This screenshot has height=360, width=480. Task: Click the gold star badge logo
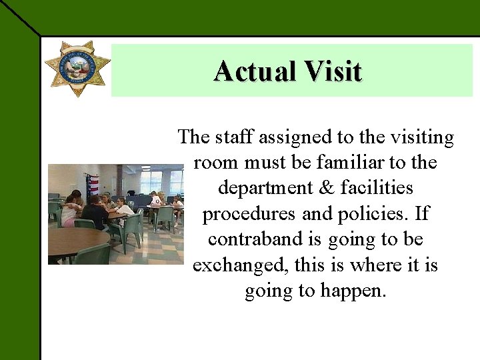point(77,68)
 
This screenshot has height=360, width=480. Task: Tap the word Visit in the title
point(336,71)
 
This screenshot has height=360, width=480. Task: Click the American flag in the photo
point(93,184)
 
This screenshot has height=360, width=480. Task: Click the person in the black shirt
point(94,212)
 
